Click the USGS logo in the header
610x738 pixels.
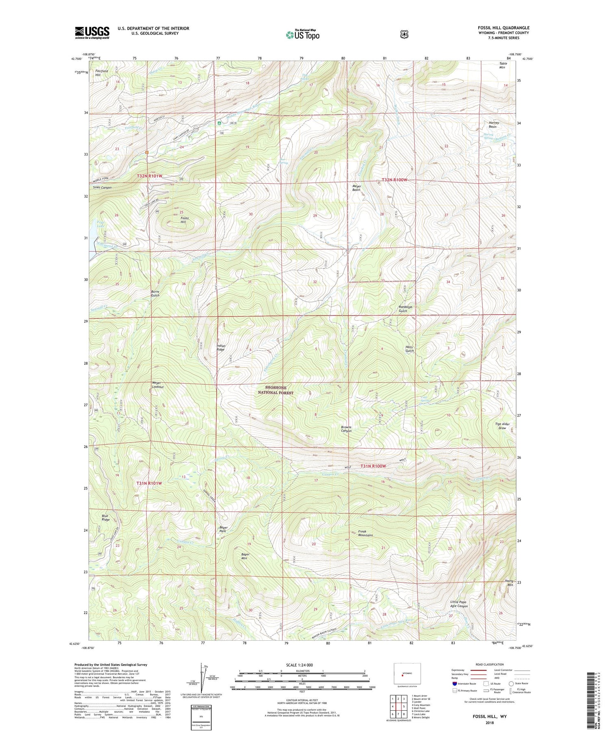[92, 33]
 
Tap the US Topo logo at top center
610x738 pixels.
[303, 35]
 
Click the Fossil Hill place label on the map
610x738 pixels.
[183, 220]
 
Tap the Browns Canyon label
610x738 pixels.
[346, 429]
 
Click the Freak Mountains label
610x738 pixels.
[365, 533]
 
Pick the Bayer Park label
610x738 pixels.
[223, 530]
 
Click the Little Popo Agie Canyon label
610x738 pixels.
[459, 604]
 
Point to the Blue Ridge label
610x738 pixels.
[106, 518]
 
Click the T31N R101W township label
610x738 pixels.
[149, 483]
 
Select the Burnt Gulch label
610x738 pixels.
[155, 293]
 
